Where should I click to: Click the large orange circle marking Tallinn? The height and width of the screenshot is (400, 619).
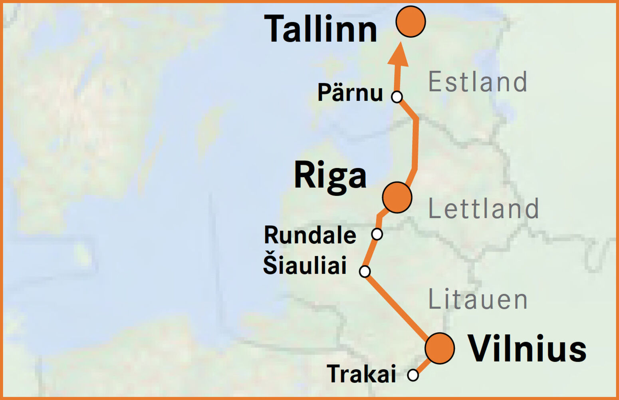pyautogui.click(x=411, y=22)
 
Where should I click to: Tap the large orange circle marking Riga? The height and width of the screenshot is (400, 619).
pyautogui.click(x=397, y=197)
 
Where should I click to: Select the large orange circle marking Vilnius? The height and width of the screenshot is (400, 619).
pyautogui.click(x=440, y=348)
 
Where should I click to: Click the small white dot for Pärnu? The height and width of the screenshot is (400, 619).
pyautogui.click(x=397, y=97)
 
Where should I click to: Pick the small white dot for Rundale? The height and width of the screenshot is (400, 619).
pyautogui.click(x=377, y=234)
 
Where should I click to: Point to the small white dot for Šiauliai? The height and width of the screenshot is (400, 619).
pyautogui.click(x=365, y=271)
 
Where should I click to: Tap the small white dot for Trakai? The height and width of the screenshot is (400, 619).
pyautogui.click(x=413, y=375)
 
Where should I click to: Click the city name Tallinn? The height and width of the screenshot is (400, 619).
pyautogui.click(x=321, y=29)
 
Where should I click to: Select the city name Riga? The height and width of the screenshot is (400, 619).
pyautogui.click(x=330, y=176)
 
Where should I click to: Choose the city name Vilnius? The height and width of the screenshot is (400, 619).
pyautogui.click(x=527, y=348)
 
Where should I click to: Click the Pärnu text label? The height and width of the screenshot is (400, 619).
pyautogui.click(x=350, y=93)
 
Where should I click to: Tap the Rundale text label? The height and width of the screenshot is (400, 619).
pyautogui.click(x=310, y=235)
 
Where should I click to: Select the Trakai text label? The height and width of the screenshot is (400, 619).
pyautogui.click(x=361, y=374)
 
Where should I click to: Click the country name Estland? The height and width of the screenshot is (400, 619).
pyautogui.click(x=478, y=82)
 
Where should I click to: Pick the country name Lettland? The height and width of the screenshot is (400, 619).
pyautogui.click(x=484, y=209)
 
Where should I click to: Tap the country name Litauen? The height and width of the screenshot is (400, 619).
pyautogui.click(x=478, y=299)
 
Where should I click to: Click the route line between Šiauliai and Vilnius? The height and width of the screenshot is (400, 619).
pyautogui.click(x=399, y=307)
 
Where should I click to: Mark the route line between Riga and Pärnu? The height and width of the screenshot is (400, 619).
pyautogui.click(x=415, y=144)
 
